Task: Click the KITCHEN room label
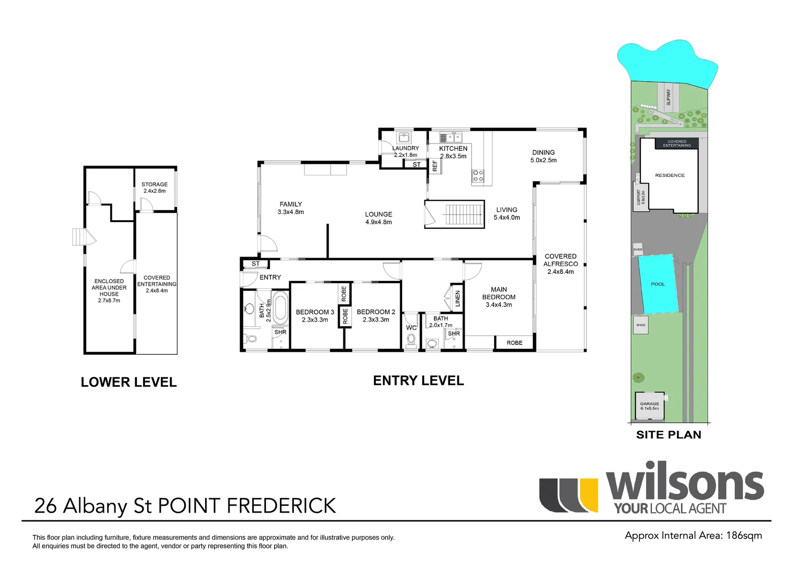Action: (x=453, y=148)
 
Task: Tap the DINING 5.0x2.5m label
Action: (x=543, y=156)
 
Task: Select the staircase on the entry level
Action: (x=455, y=214)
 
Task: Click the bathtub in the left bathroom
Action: (x=280, y=308)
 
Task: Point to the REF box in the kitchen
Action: (x=435, y=166)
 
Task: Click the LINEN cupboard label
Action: (x=457, y=299)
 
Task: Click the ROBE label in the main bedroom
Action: (x=514, y=342)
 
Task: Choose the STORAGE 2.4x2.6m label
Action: (x=155, y=187)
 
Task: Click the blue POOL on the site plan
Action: (x=658, y=284)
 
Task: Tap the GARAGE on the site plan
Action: (x=649, y=405)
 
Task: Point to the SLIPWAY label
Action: (x=669, y=97)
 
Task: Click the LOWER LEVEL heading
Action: (x=129, y=382)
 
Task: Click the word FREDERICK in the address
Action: (x=281, y=506)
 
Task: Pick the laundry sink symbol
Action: (x=404, y=137)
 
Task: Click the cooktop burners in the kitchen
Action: (x=478, y=176)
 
